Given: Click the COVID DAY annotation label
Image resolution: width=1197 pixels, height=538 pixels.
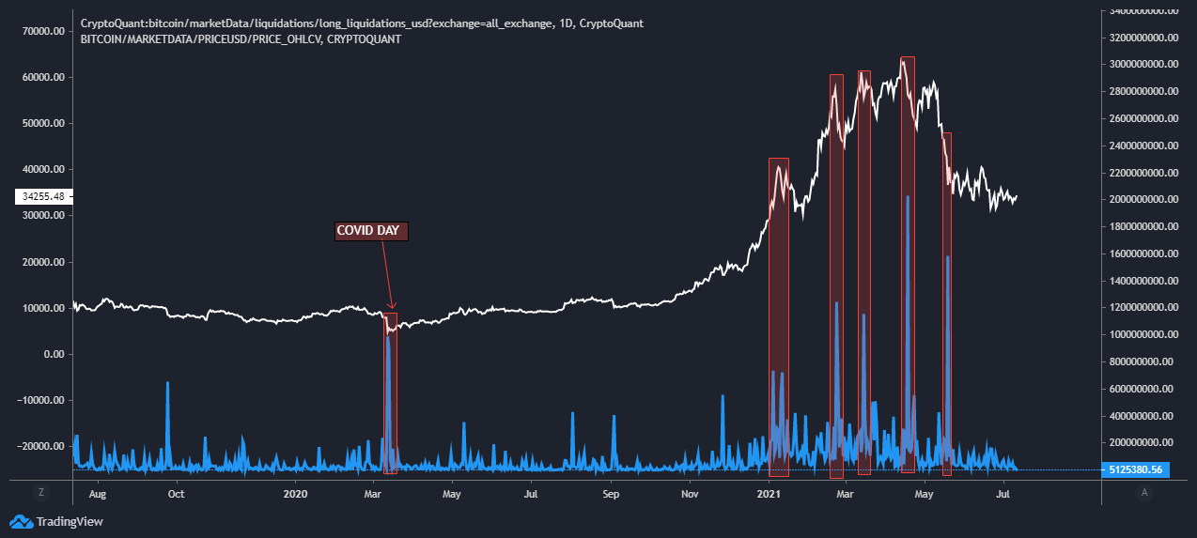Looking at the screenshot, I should click(x=372, y=231).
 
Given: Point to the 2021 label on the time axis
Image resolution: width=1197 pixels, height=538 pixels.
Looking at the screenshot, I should click(x=769, y=493).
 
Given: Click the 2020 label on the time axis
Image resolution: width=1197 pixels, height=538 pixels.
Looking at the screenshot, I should click(x=295, y=493).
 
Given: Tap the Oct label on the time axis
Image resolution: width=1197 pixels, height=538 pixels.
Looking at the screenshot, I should click(x=176, y=493).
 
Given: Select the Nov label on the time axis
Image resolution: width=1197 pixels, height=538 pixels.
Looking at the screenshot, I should click(x=690, y=493).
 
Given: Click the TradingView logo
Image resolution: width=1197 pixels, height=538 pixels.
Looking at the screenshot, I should click(x=56, y=521).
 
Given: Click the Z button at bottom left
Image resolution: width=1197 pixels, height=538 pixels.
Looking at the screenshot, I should click(x=40, y=492).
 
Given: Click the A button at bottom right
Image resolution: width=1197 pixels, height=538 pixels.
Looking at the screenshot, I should click(x=1143, y=492).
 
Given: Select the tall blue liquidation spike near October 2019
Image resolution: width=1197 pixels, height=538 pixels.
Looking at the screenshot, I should click(x=167, y=413).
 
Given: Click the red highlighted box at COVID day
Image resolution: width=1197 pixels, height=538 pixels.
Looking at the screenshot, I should click(x=390, y=394).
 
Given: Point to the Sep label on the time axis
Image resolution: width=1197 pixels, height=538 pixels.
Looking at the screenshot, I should click(x=611, y=493).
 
